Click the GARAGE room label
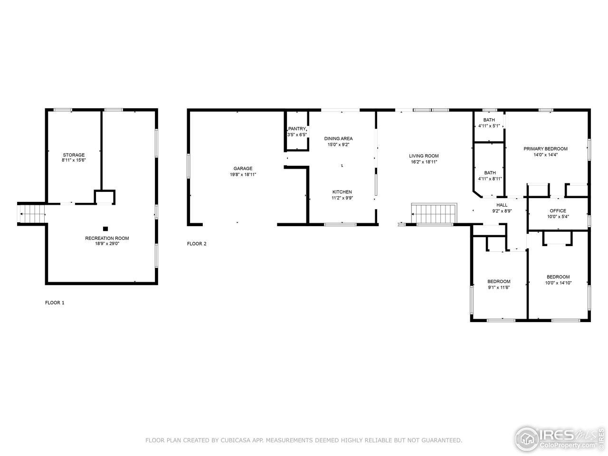243,169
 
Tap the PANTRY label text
297,129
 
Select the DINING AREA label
338,139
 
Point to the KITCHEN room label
342,192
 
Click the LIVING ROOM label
424,156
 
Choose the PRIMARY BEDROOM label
545,149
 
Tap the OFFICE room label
558,211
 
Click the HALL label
502,205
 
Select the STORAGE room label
74,155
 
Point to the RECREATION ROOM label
107,238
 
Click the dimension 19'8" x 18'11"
243,175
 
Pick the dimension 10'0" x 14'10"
558,283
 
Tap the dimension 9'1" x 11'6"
498,287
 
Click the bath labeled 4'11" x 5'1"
489,123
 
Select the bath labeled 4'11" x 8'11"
490,176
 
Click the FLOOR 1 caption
55,303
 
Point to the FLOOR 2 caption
197,244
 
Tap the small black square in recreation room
105,228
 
